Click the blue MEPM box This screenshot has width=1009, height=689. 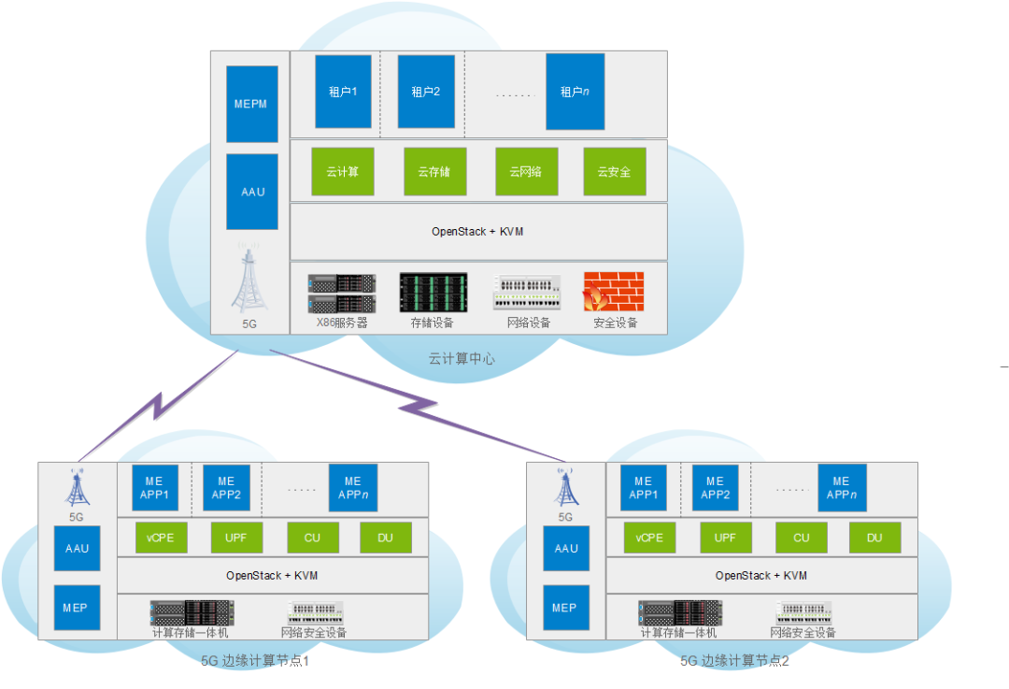click(x=252, y=104)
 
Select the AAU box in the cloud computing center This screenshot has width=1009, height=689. click(x=252, y=192)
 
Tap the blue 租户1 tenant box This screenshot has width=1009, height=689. click(x=343, y=91)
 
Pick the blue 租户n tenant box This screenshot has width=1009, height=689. click(x=575, y=91)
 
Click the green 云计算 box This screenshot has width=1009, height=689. click(x=342, y=172)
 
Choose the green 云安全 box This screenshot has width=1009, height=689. click(x=614, y=172)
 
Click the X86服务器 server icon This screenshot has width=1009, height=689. click(x=342, y=293)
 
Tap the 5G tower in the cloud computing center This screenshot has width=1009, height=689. click(x=249, y=280)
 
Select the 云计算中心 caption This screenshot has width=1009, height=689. click(x=462, y=358)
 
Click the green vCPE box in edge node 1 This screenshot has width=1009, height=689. click(x=161, y=538)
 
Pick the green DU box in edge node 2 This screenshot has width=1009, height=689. click(x=874, y=538)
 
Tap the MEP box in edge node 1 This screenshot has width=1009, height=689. click(x=77, y=608)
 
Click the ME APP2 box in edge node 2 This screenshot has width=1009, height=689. click(x=715, y=488)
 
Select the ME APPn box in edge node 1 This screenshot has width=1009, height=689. click(x=352, y=488)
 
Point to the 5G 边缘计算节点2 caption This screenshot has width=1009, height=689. click(x=734, y=661)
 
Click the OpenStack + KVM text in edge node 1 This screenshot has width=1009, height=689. click(x=272, y=576)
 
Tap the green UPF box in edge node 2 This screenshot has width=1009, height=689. click(x=725, y=538)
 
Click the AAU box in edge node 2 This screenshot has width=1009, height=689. click(x=566, y=549)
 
